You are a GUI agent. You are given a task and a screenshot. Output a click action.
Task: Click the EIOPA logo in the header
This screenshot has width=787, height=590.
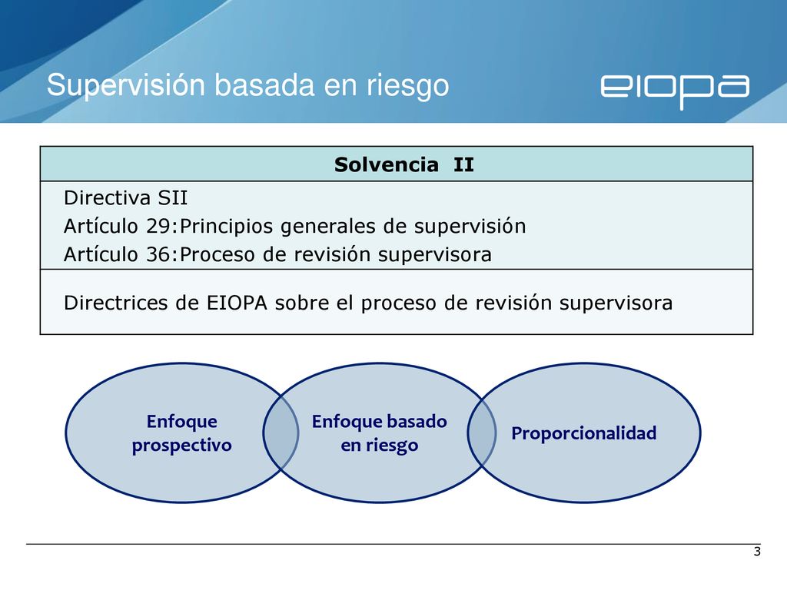click(x=675, y=91)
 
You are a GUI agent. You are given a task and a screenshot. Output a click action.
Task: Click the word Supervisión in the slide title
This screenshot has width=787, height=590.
click(x=126, y=85)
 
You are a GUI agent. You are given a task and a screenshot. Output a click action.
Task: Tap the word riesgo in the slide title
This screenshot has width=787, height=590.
click(x=407, y=86)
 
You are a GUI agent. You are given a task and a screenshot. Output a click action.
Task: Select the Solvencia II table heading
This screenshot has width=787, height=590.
click(x=404, y=164)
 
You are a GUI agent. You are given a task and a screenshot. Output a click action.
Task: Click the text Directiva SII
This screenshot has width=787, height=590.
click(x=125, y=197)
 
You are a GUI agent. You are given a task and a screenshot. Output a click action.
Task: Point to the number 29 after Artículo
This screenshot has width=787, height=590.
click(x=159, y=227)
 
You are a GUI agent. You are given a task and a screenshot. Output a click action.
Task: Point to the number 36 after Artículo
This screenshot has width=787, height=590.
click(x=159, y=254)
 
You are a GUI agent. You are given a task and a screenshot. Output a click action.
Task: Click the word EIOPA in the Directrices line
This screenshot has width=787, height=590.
click(x=237, y=303)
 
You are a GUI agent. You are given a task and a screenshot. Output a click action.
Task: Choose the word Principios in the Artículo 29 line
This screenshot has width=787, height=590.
click(x=226, y=227)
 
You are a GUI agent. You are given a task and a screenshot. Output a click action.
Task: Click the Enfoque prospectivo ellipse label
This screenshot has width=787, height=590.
click(x=181, y=433)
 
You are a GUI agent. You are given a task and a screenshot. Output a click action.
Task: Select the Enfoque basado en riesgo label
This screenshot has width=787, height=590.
click(x=380, y=433)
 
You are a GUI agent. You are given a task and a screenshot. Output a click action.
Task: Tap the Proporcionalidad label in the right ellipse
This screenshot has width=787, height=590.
click(x=584, y=433)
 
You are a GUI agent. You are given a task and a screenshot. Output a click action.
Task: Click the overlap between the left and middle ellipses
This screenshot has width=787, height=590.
click(x=281, y=433)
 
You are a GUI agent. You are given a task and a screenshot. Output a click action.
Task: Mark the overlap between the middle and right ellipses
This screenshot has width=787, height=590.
click(x=482, y=433)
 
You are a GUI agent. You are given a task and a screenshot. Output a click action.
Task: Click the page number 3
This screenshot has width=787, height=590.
click(x=757, y=552)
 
